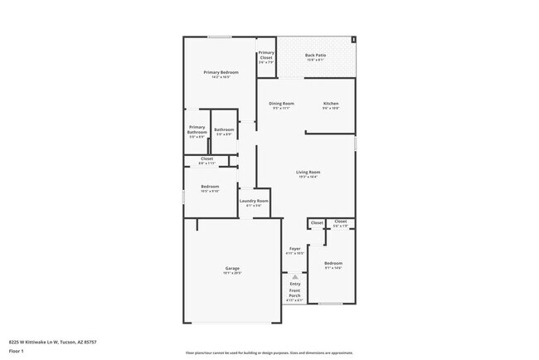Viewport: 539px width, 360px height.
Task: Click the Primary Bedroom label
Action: (x=216, y=72)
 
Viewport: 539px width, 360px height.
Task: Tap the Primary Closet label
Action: (x=266, y=55)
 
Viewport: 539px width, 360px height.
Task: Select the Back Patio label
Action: (x=315, y=55)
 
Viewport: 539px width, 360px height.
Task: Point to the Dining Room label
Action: (x=281, y=104)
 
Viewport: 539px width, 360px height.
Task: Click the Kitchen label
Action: (x=330, y=104)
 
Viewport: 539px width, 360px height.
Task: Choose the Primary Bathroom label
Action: (x=197, y=129)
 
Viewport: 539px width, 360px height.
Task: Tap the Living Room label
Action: (x=308, y=172)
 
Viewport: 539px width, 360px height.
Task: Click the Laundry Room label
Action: (x=254, y=201)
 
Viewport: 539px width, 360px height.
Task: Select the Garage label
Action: (x=232, y=268)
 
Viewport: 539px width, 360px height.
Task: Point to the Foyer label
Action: (x=294, y=249)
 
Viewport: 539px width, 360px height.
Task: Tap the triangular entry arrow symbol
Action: (x=294, y=277)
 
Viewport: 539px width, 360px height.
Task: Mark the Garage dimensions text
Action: (x=232, y=273)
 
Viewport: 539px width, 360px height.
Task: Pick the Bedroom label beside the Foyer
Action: (x=333, y=263)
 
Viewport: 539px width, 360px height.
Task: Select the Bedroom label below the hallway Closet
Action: (x=210, y=187)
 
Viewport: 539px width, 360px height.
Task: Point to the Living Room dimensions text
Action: (x=308, y=177)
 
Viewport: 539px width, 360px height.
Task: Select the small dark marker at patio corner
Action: (x=353, y=38)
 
